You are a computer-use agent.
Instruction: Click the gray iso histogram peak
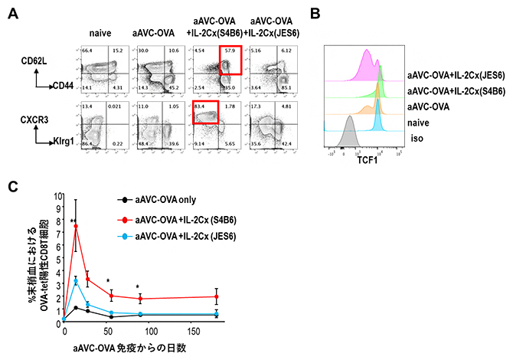pos(350,120)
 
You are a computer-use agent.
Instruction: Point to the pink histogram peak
pos(368,52)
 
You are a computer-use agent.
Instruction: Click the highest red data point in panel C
pos(76,226)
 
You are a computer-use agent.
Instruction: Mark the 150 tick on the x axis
pos(194,326)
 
